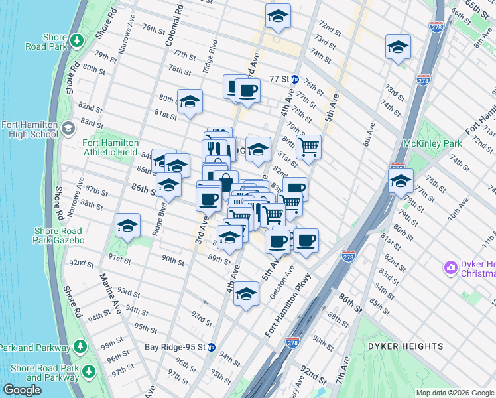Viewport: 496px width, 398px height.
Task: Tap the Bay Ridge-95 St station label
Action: (176, 346)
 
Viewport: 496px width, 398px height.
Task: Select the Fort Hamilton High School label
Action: (30, 129)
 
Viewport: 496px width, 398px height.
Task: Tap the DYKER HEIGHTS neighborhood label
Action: (407, 346)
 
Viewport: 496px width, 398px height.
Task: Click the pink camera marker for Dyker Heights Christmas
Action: (451, 268)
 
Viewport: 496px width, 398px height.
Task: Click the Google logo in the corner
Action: (22, 390)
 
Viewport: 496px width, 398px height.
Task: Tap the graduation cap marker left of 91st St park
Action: (127, 226)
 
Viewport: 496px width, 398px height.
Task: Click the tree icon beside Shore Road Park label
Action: (78, 40)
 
